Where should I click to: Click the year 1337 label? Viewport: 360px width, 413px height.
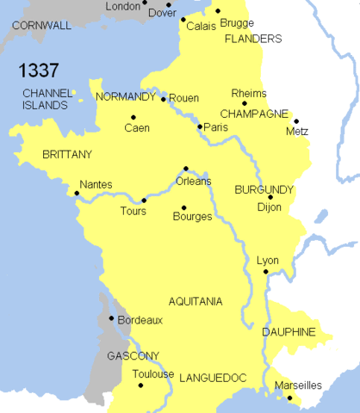40,70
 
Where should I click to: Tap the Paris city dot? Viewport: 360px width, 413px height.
200,126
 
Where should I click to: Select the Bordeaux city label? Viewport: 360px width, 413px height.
141,319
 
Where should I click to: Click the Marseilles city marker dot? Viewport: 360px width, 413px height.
290,398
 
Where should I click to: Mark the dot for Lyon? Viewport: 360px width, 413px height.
266,273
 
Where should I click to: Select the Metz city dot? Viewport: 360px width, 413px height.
297,121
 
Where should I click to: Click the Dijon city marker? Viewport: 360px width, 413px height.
270,197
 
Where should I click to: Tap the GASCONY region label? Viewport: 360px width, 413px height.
133,355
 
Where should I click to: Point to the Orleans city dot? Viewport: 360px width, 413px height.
186,169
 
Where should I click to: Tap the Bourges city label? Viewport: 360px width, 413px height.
192,217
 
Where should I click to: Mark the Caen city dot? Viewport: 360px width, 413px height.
133,118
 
